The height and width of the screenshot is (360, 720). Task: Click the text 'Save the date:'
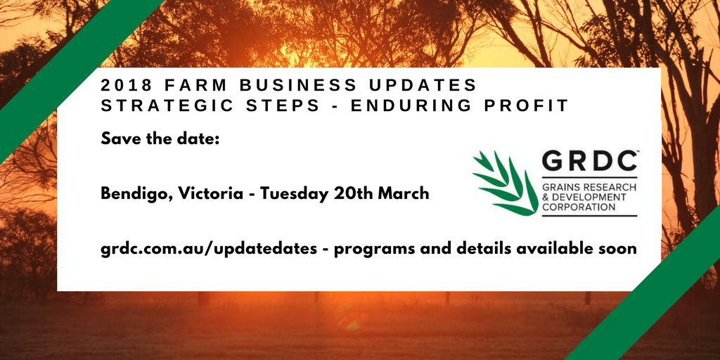pyautogui.click(x=161, y=139)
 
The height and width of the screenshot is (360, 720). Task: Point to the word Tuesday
pyautogui.click(x=294, y=193)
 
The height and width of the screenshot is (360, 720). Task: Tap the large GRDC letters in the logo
pyautogui.click(x=589, y=163)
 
